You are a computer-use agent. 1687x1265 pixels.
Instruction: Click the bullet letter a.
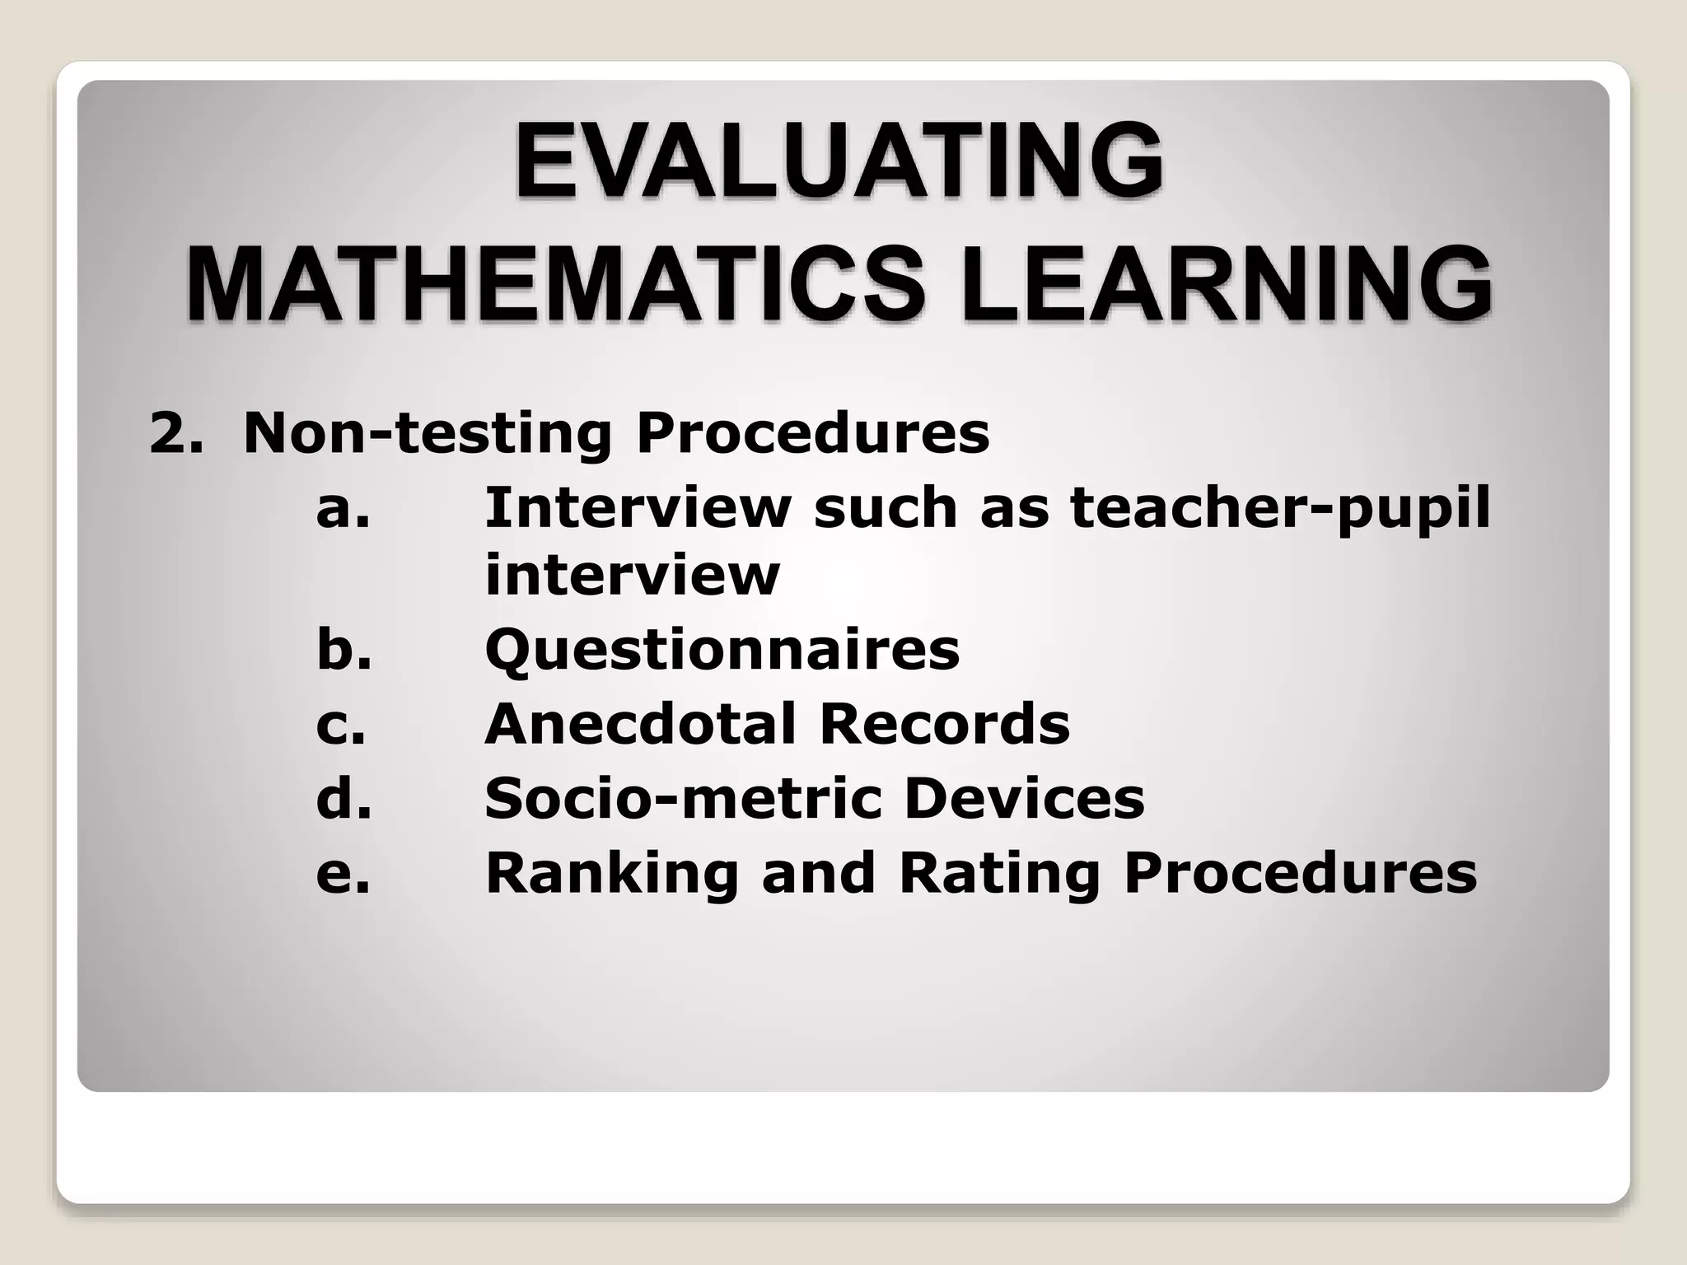tap(343, 508)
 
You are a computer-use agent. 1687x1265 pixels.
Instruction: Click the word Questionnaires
tap(722, 651)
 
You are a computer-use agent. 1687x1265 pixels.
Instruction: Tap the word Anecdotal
tap(640, 724)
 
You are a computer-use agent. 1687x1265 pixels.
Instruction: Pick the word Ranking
tap(612, 874)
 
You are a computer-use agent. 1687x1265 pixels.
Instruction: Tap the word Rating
tap(999, 874)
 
